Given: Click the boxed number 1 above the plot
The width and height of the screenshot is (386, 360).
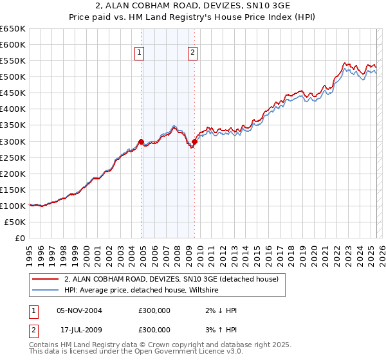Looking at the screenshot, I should click(140, 53).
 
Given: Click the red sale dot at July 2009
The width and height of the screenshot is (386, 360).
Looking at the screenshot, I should click(194, 141).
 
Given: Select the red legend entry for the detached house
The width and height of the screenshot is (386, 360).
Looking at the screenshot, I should click(170, 280).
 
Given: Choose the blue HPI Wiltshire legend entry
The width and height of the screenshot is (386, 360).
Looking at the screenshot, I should click(142, 291).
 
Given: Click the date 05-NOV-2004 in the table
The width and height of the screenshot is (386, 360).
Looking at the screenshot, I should click(79, 310).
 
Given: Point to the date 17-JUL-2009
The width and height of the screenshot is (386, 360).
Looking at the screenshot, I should click(79, 329).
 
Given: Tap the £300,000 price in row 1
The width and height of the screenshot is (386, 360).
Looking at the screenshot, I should click(154, 310).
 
